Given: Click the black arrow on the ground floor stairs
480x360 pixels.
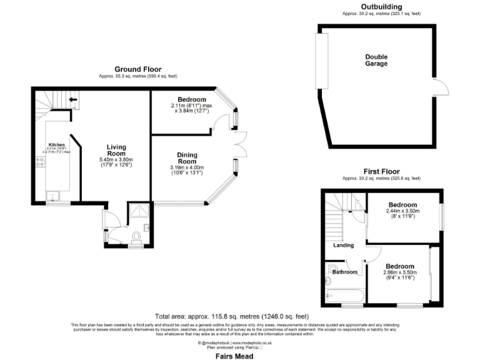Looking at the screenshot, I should point(72,99).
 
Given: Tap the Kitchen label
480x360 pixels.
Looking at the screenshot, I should point(53,143).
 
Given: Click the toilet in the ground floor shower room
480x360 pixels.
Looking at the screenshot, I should point(136,236).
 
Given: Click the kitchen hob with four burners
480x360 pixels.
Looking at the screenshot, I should point(39,162).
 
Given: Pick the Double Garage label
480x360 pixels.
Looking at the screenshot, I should point(376,60).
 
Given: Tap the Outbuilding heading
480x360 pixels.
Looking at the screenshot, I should point(381,7).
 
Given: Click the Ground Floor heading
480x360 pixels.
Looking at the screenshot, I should point(137,69).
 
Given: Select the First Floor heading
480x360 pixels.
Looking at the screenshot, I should point(381,171).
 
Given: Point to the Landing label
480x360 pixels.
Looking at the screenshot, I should point(344,245).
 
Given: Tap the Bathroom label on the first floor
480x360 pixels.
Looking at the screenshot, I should point(344,272).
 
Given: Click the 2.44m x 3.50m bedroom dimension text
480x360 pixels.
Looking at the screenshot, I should point(402,211).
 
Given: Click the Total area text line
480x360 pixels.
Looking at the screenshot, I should point(232,317).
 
